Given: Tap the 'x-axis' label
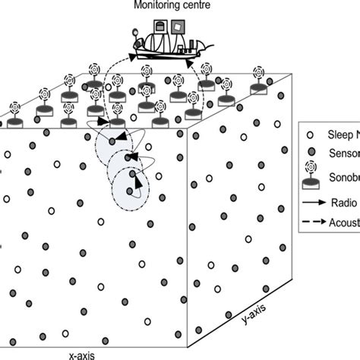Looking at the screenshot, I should [81, 354].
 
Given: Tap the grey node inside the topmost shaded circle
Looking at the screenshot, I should [112, 141].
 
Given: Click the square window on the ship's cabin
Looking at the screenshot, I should [178, 27].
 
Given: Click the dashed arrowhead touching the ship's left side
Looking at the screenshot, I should [134, 56].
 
